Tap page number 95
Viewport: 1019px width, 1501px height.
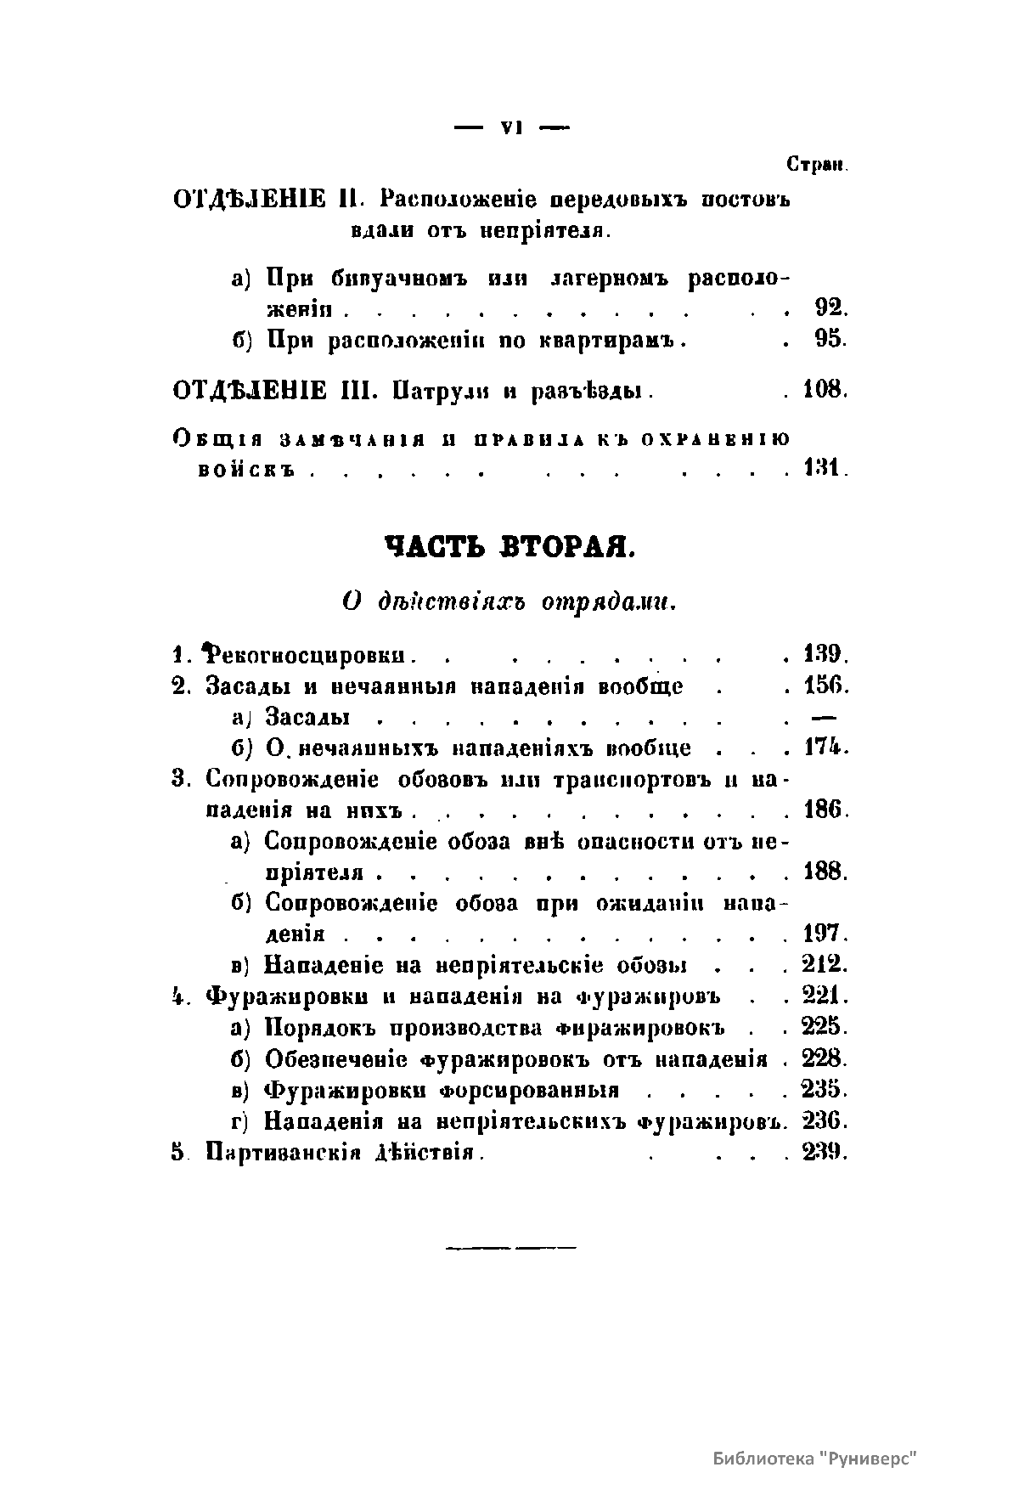pos(828,340)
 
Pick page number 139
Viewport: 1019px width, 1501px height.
pos(822,656)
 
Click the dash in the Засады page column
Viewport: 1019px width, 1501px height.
pos(825,717)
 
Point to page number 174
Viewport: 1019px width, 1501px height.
pos(822,748)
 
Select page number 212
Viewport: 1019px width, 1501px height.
pos(822,966)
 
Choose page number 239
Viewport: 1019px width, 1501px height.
pos(822,1153)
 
